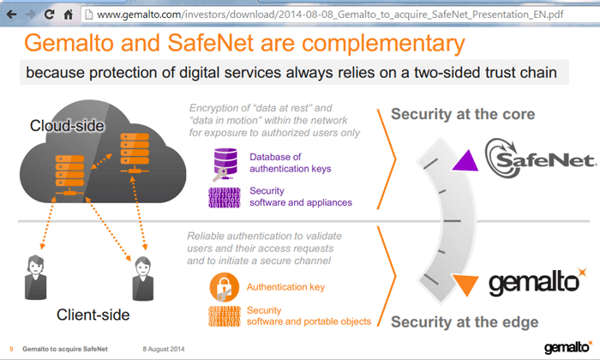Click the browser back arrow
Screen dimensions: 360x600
(10, 14)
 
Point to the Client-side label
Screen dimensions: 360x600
(92, 315)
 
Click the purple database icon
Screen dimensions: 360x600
(226, 162)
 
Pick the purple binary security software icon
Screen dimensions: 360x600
(225, 196)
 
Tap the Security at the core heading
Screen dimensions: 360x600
(463, 114)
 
